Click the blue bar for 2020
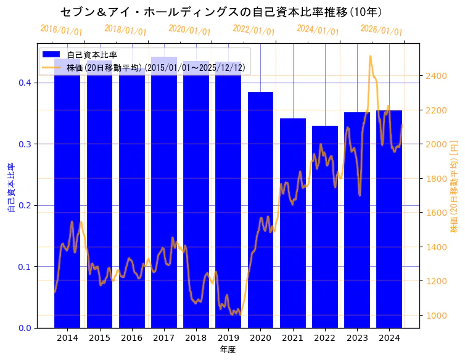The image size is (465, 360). [x=260, y=210]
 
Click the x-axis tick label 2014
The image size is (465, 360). [x=67, y=338]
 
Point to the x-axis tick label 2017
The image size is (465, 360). [x=164, y=338]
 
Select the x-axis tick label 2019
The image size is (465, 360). [x=228, y=338]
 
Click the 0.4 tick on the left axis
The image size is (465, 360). [x=25, y=83]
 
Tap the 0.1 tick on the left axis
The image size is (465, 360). [x=25, y=267]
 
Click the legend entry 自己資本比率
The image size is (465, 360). [x=92, y=55]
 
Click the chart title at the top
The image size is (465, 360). [x=223, y=12]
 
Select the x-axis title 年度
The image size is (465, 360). [x=228, y=350]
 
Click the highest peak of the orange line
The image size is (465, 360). [x=370, y=56]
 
